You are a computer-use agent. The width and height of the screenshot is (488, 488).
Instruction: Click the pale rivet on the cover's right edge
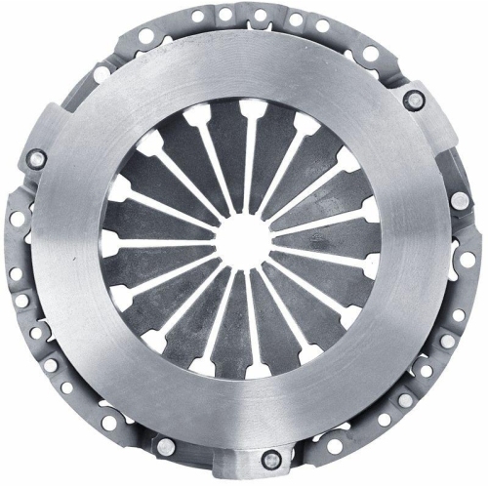458,200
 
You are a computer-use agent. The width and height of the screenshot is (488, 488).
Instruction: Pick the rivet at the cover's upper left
102,73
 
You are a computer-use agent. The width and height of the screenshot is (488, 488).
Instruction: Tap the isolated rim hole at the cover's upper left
145,36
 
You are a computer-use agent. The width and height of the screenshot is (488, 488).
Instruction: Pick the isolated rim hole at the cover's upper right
371,53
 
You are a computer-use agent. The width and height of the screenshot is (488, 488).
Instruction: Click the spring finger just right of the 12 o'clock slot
268,146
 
